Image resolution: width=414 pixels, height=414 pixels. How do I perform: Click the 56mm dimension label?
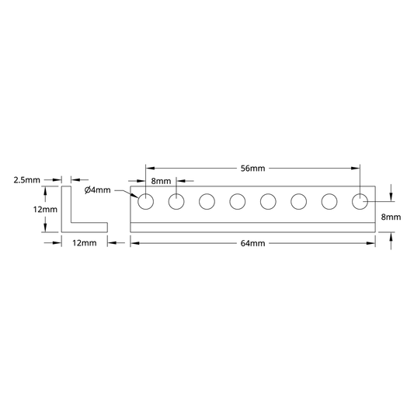252,169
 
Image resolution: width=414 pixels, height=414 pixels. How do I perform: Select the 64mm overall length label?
252,243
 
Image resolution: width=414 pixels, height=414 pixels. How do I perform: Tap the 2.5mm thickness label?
27,180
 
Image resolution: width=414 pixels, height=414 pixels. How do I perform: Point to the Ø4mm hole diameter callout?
97,190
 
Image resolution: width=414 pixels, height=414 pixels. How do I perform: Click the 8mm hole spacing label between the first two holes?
161,181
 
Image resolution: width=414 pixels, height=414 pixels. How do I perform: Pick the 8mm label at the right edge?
391,217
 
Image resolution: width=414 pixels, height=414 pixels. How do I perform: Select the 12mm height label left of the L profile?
45,210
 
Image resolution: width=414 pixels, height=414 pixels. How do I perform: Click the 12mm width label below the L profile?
85,243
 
